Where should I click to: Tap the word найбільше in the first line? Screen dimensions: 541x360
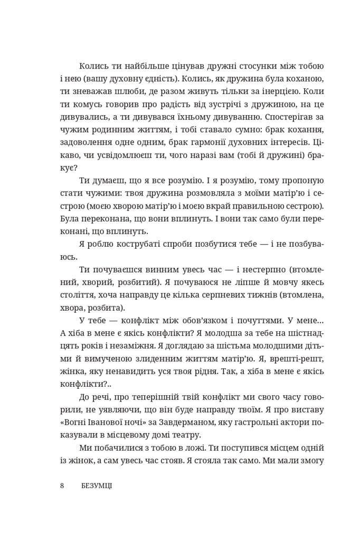[134, 67]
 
